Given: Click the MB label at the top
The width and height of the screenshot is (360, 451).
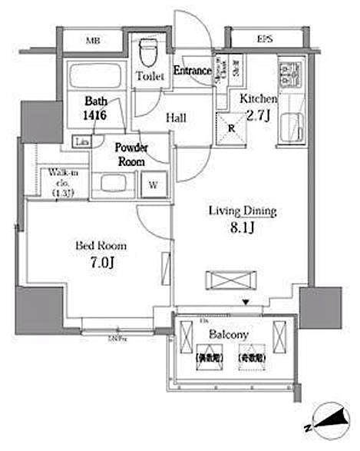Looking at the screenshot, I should pyautogui.click(x=91, y=40).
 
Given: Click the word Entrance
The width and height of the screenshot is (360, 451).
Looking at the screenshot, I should pyautogui.click(x=192, y=71).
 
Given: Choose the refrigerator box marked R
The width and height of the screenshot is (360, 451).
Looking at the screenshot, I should pyautogui.click(x=230, y=126).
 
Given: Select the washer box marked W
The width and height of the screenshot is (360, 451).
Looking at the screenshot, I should pyautogui.click(x=154, y=184).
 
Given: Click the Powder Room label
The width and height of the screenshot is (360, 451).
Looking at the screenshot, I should pyautogui.click(x=131, y=154).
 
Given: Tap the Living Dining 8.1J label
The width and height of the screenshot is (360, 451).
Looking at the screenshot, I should pyautogui.click(x=243, y=219).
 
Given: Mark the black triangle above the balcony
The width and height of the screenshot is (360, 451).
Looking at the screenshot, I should pyautogui.click(x=245, y=302).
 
